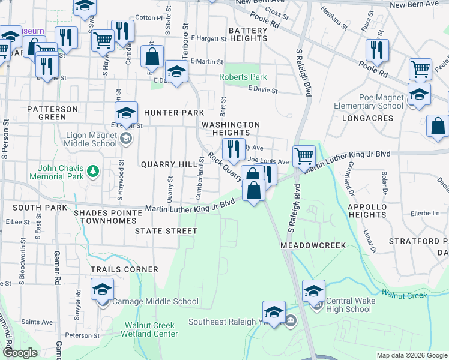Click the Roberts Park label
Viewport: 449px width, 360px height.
coord(243,77)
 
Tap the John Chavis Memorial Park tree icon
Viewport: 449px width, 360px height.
coord(92,172)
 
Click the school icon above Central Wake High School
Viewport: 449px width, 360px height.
coord(313,291)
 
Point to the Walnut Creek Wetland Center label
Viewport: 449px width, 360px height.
coord(150,329)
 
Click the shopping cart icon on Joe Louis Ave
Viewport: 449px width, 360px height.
coord(304,156)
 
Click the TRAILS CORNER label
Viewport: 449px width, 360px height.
coord(124,269)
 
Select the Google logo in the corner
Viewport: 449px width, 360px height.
coord(19,353)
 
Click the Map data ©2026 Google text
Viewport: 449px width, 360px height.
coord(411,355)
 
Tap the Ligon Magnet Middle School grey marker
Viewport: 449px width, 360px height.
coord(126,139)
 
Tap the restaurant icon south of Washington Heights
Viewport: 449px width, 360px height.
coord(233,148)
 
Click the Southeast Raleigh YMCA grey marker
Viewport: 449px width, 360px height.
coord(291,320)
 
